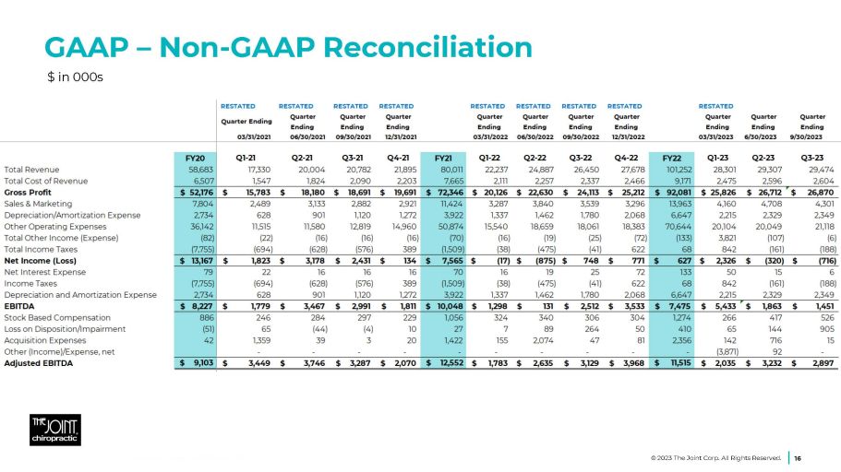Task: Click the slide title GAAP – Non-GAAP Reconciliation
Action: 289,46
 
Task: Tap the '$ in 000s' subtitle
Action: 75,76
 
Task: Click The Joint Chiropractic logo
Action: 54,429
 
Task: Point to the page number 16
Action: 798,456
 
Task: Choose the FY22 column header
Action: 672,158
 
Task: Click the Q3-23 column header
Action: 812,158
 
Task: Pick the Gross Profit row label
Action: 29,193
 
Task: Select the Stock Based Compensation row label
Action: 52,317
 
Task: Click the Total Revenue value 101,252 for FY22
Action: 677,170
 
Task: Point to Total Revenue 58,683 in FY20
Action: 201,170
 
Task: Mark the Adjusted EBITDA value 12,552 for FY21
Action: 446,363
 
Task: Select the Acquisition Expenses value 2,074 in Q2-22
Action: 540,340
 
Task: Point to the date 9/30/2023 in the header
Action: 812,136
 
